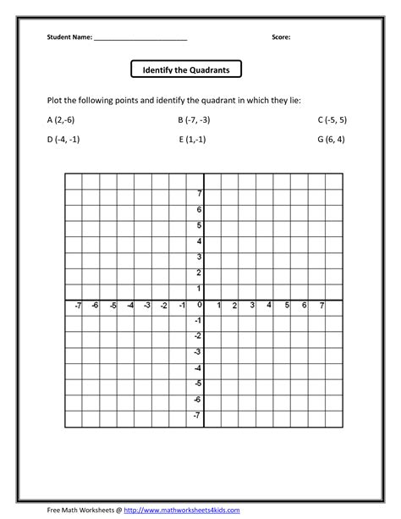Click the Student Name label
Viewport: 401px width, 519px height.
coord(69,38)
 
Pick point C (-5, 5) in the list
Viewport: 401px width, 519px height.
coord(332,119)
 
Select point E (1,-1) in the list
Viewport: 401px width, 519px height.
coord(195,140)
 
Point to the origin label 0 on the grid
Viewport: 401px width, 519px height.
coord(200,305)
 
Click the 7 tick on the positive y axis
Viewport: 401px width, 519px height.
coord(200,193)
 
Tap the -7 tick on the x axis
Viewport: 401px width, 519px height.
coord(77,305)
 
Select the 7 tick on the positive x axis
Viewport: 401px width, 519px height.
coord(321,305)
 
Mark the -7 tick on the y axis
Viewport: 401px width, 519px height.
coord(198,415)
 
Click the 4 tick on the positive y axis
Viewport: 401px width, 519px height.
coord(200,241)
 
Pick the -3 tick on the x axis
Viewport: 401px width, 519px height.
coord(146,305)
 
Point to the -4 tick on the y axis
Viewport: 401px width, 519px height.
coord(198,367)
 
